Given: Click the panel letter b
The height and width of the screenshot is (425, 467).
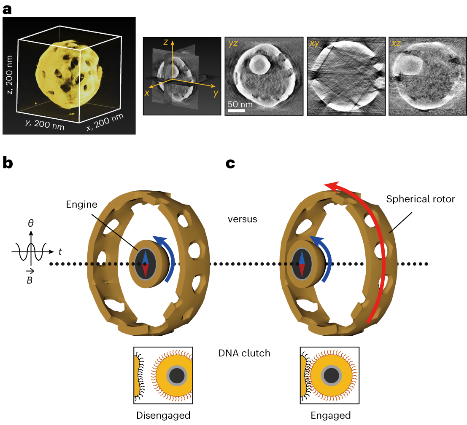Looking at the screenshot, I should (8, 163).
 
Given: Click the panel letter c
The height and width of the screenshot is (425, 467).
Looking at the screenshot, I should (230, 163).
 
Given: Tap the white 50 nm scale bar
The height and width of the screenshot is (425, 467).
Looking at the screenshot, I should (237, 110).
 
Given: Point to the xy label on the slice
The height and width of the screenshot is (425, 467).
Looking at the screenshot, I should (314, 43).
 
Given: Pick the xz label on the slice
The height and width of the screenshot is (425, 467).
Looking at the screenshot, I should (396, 43).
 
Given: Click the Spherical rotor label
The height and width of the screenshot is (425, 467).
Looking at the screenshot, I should (420, 199).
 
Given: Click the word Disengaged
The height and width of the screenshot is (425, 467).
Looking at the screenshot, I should (163, 415).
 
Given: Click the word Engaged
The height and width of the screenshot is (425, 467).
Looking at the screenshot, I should (330, 415).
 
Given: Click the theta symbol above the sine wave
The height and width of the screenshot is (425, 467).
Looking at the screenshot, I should (31, 223).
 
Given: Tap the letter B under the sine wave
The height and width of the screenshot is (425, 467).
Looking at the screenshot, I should (30, 279).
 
